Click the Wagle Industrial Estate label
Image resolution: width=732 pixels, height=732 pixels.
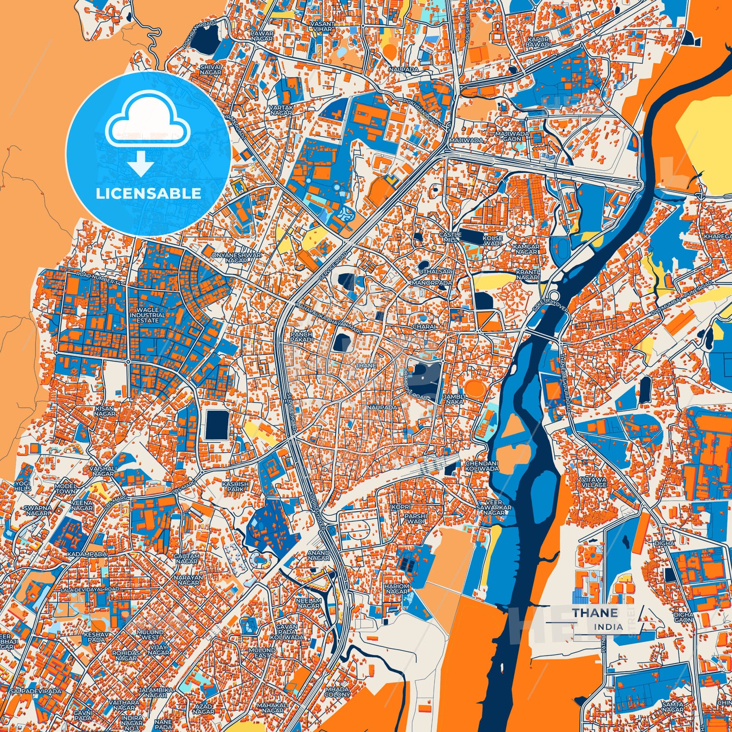pyautogui.click(x=147, y=315)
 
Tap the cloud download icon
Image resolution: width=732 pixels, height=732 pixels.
pyautogui.click(x=147, y=133)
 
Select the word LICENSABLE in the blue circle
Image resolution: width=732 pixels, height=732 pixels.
pyautogui.click(x=147, y=194)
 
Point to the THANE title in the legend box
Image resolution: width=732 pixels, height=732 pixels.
pyautogui.click(x=595, y=613)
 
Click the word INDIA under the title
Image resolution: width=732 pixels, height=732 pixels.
pyautogui.click(x=608, y=627)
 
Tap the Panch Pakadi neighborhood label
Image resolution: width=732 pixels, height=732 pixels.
pyautogui.click(x=301, y=337)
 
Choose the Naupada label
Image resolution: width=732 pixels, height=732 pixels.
pyautogui.click(x=382, y=407)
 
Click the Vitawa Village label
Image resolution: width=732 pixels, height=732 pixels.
pyautogui.click(x=594, y=482)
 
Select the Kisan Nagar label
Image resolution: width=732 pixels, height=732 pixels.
pyautogui.click(x=104, y=411)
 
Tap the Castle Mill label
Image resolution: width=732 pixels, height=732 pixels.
pyautogui.click(x=450, y=237)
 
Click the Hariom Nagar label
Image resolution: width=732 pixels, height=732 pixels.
pyautogui.click(x=397, y=589)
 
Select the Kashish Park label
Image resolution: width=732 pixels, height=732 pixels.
pyautogui.click(x=235, y=487)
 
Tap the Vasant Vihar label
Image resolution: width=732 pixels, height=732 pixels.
pyautogui.click(x=324, y=26)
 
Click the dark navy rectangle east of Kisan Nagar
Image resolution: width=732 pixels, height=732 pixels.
pyautogui.click(x=217, y=425)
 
